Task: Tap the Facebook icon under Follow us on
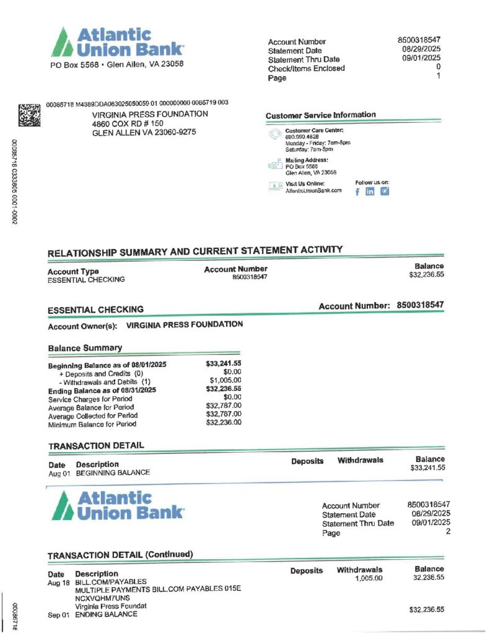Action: click(358, 191)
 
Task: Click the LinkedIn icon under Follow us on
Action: click(370, 191)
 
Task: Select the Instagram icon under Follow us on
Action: click(384, 191)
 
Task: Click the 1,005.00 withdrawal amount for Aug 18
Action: click(369, 578)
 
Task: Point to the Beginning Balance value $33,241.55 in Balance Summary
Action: click(224, 364)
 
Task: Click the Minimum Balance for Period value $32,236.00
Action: click(224, 423)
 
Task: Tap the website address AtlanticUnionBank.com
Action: click(313, 191)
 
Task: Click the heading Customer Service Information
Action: click(320, 115)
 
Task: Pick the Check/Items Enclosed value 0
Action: click(438, 67)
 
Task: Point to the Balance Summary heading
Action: click(85, 348)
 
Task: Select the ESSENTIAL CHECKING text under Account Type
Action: click(86, 280)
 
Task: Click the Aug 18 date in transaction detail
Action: click(58, 583)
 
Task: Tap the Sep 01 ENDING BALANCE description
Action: click(106, 615)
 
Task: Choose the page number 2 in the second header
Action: click(447, 532)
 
